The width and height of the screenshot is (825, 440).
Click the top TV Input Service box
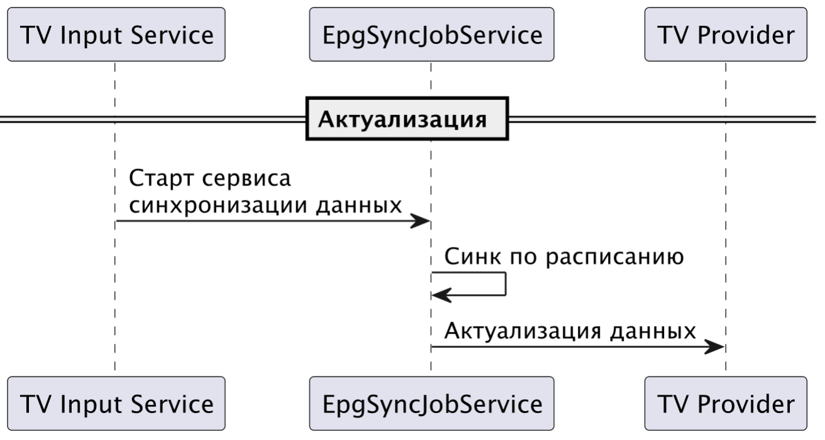[116, 35]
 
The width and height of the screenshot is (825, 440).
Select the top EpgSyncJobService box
[431, 35]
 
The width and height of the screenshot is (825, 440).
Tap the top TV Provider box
[725, 35]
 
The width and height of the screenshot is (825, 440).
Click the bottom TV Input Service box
[116, 403]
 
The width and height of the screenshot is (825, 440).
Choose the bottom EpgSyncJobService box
[431, 403]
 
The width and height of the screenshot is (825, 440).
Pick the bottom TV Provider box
[725, 403]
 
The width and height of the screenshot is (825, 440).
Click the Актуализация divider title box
[407, 118]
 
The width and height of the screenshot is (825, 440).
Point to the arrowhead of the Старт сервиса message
[420, 221]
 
